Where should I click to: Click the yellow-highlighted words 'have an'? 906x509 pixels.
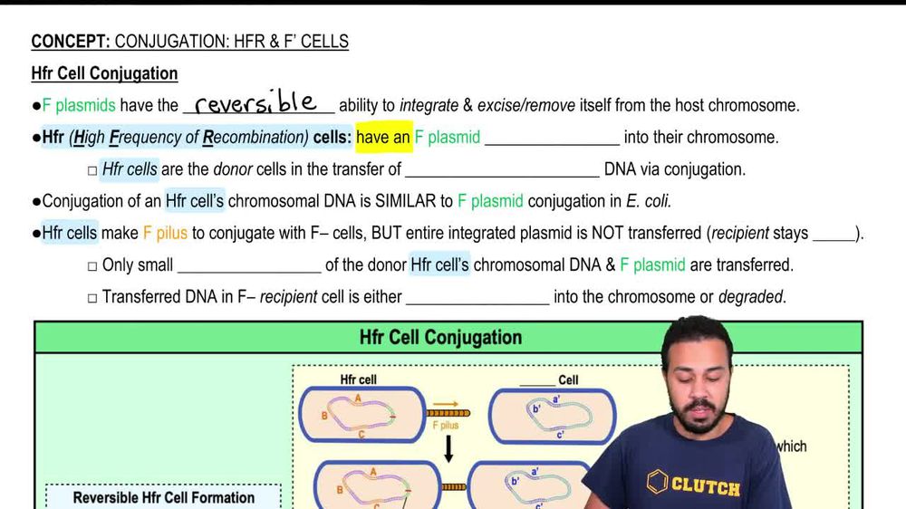click(383, 138)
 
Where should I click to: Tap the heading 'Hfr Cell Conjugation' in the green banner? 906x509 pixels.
click(440, 337)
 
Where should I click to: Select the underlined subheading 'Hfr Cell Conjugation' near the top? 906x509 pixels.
click(104, 73)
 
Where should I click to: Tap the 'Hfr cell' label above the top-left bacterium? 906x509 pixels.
click(359, 379)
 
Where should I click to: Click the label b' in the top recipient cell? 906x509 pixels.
click(536, 409)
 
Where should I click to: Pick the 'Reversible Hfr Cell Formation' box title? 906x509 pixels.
click(164, 497)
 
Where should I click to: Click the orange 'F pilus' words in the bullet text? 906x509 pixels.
click(165, 233)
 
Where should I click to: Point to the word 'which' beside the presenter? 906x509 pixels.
click(790, 446)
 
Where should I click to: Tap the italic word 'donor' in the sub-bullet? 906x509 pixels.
click(233, 169)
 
